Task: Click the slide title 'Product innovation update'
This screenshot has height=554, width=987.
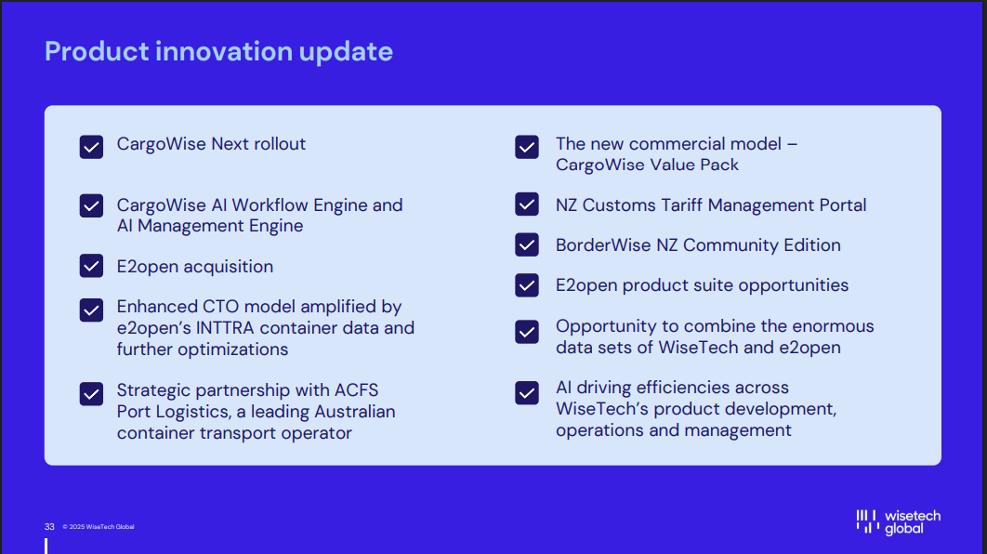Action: point(218,52)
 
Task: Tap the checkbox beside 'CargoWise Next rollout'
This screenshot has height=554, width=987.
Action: point(91,147)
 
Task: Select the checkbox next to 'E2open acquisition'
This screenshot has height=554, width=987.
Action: point(91,266)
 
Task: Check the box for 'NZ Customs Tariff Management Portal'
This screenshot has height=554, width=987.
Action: point(527,204)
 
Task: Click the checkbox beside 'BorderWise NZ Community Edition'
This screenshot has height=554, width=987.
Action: point(527,244)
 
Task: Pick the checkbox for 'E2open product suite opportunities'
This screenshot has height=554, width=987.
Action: point(527,285)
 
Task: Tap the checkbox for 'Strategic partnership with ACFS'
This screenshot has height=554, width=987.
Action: point(91,393)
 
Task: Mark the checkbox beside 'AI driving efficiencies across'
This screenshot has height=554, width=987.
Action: point(527,393)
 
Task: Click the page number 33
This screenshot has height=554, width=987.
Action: point(49,526)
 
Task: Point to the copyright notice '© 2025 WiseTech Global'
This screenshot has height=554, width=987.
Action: point(99,527)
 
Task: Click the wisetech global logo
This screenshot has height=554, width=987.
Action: point(899,521)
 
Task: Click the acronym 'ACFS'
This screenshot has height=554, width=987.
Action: point(356,390)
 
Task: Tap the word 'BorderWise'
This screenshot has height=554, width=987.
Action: point(603,244)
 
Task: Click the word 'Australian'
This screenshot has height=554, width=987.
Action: point(355,412)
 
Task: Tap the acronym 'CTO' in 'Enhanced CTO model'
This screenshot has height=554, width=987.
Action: point(220,307)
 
